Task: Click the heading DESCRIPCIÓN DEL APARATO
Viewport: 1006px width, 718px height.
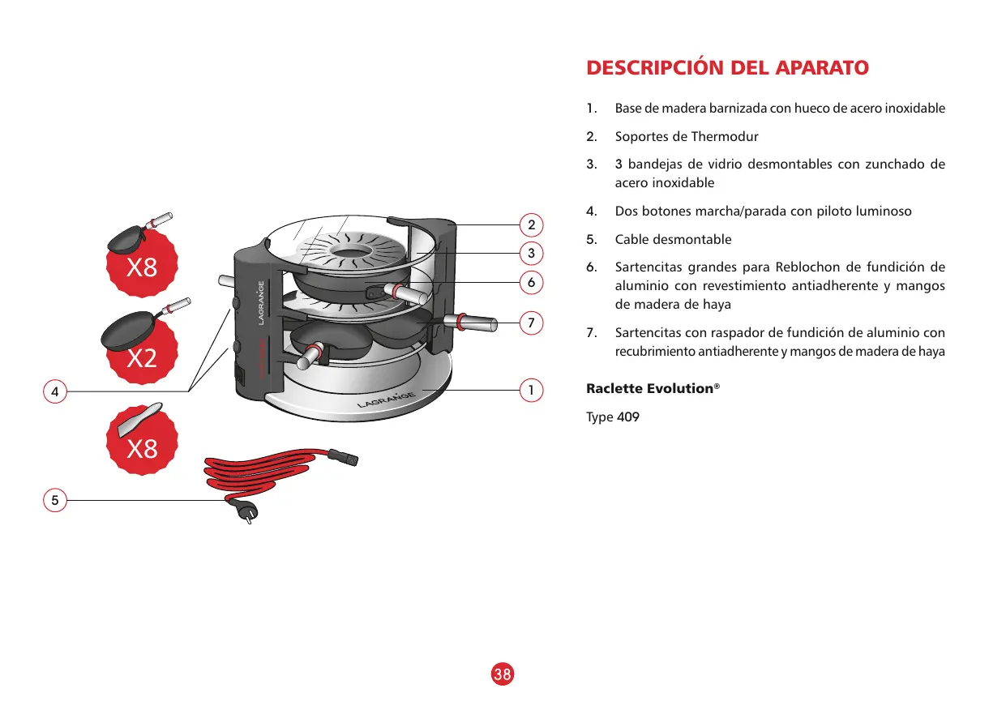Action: point(727,67)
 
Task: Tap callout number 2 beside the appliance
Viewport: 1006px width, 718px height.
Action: point(531,224)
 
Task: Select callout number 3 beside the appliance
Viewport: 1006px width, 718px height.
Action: point(531,254)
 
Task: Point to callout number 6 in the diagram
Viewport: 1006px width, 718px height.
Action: point(531,282)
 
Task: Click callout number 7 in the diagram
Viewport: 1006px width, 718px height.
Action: point(531,323)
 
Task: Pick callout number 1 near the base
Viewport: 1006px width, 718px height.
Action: point(531,391)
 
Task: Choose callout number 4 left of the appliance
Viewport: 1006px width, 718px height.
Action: point(54,391)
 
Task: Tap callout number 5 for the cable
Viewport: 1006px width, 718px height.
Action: point(54,500)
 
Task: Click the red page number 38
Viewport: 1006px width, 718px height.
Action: point(503,673)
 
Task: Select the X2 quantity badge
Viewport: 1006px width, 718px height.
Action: point(142,357)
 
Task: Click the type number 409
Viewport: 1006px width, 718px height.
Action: point(628,418)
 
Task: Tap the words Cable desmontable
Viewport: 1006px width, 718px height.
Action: point(673,240)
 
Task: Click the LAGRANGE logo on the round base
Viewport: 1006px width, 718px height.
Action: point(386,400)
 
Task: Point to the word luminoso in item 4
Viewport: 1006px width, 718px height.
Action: point(880,212)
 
